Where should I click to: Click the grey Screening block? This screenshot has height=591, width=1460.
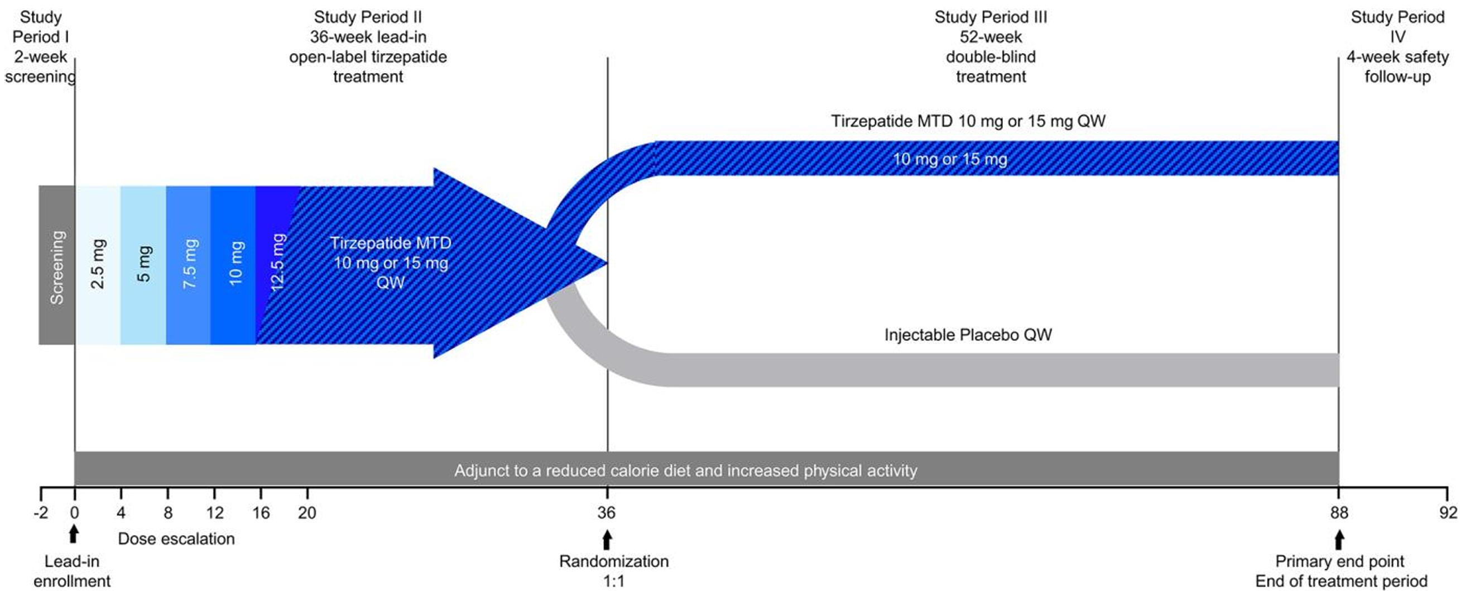point(57,265)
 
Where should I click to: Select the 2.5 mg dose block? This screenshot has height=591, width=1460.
point(98,265)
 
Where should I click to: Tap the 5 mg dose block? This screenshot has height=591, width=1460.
point(143,265)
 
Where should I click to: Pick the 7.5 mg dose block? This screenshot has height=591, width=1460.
point(188,265)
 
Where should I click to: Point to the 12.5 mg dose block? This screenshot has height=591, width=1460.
point(277,265)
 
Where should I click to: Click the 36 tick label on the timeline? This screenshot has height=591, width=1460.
point(607,513)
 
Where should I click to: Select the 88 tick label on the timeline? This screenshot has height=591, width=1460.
point(1339,513)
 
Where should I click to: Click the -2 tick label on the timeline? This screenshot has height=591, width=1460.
point(41,513)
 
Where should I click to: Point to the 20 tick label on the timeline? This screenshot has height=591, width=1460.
point(307,513)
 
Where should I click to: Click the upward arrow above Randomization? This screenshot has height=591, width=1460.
point(607,540)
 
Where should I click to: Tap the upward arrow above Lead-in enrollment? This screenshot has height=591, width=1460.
point(73,535)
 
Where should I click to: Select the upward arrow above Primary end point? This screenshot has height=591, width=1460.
point(1339,540)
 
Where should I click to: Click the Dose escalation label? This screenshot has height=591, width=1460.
point(176,538)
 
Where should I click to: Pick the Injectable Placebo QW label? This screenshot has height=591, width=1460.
point(968,335)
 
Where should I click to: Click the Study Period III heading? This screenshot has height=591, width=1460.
point(991,17)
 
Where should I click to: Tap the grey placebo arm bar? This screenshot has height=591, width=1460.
point(1003,370)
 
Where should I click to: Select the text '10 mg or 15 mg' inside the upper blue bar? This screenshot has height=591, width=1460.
point(950,159)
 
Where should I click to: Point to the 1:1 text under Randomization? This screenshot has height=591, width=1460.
point(614,581)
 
